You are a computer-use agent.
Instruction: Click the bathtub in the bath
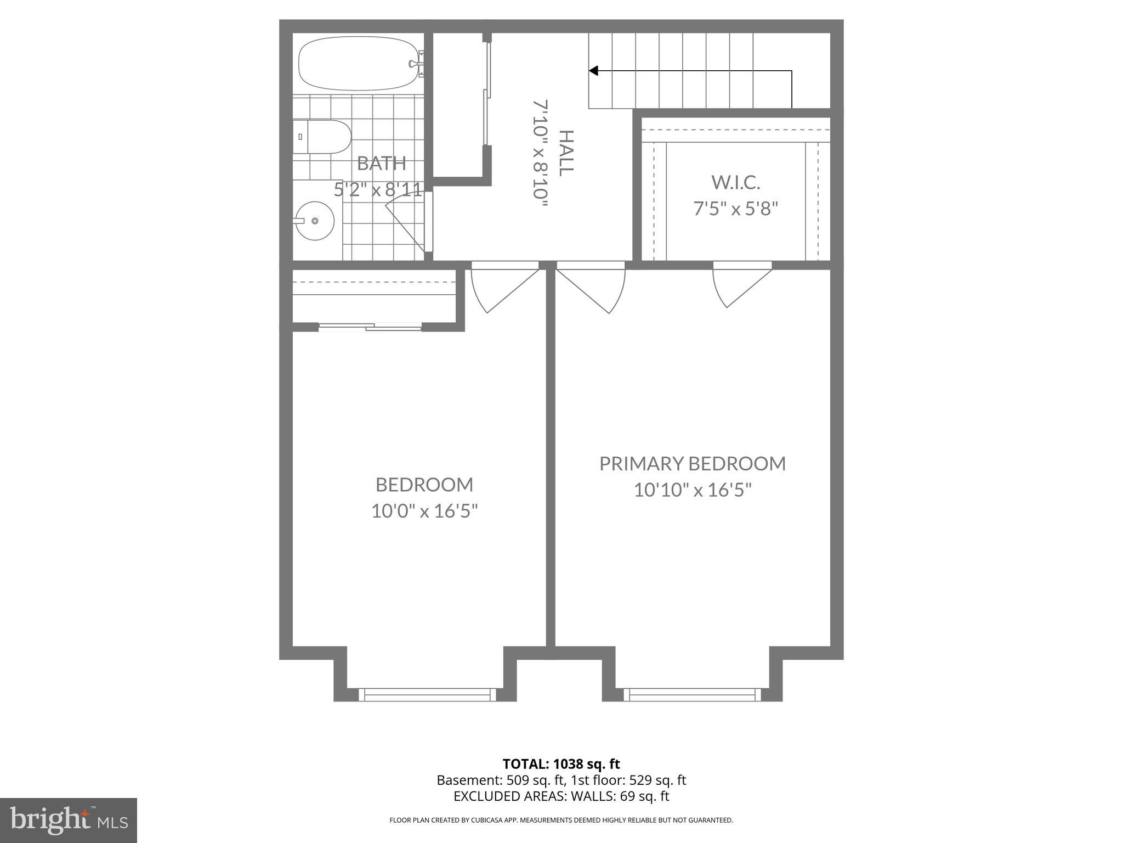click(359, 64)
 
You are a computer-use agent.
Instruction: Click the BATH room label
click(381, 163)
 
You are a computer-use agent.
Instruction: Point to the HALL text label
click(566, 153)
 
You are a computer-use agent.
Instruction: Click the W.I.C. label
click(735, 182)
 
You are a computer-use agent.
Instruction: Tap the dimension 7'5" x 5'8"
click(735, 209)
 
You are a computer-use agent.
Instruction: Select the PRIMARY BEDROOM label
click(692, 464)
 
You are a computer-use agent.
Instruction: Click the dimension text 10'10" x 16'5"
click(692, 490)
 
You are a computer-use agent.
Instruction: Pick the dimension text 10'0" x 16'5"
click(424, 512)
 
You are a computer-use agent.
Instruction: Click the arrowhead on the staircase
click(593, 71)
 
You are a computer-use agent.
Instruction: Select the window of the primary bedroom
click(692, 695)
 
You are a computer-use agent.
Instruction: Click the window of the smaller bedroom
click(427, 695)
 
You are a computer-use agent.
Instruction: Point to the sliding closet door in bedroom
click(370, 328)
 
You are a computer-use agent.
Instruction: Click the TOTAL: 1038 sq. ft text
click(561, 764)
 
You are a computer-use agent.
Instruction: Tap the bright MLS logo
click(69, 820)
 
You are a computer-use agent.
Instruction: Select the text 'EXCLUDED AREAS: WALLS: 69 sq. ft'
click(561, 796)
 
